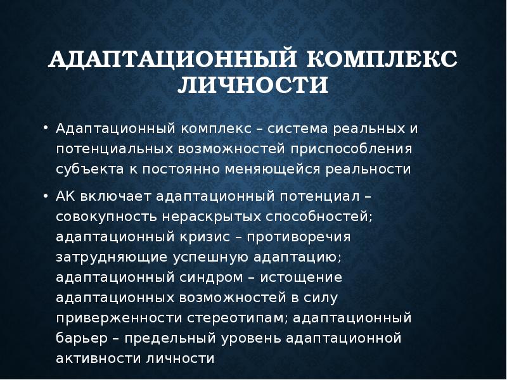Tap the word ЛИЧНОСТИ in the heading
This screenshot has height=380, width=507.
253,84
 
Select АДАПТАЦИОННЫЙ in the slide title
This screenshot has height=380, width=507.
174,61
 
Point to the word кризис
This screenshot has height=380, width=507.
201,238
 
